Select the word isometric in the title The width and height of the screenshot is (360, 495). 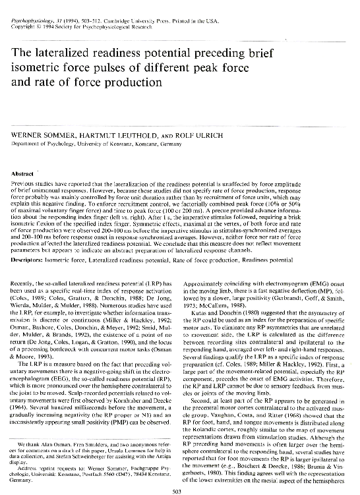(x=36, y=70)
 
